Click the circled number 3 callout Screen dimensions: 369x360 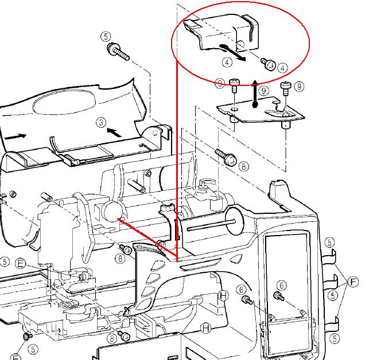tap(101, 123)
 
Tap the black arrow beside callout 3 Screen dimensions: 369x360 tap(115, 132)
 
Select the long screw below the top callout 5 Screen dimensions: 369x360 tap(118, 52)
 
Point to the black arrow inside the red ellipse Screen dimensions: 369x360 tap(233, 52)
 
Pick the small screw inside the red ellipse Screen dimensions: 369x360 tap(268, 64)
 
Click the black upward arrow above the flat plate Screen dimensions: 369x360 tap(255, 93)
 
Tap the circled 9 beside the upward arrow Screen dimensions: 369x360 tap(263, 91)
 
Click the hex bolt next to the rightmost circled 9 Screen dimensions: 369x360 tap(285, 88)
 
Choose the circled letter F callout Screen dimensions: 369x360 tap(353, 281)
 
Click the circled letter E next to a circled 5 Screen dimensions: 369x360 tap(20, 263)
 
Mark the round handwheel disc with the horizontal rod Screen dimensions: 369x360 tap(234, 221)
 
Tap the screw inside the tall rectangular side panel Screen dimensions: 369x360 tap(279, 296)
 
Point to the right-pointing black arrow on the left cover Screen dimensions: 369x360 tap(15, 136)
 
